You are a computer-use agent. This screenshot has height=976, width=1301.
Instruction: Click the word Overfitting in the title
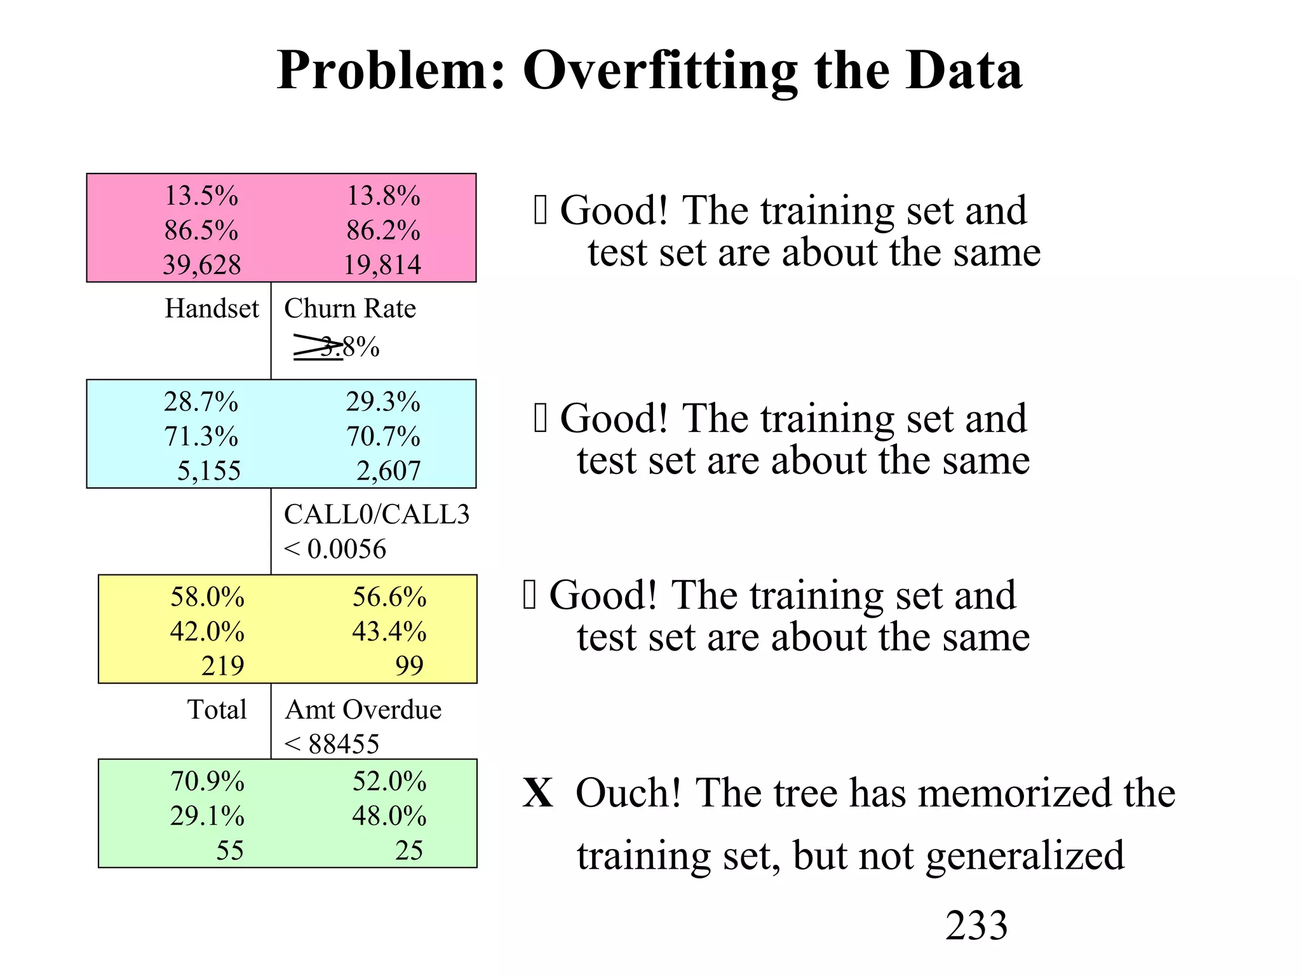[660, 71]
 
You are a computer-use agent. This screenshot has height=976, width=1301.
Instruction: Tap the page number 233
[976, 925]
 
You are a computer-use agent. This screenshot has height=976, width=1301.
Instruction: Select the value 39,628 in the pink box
[202, 265]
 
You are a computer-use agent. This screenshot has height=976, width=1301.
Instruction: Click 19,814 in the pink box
[382, 265]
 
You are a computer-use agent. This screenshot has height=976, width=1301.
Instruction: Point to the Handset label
[212, 309]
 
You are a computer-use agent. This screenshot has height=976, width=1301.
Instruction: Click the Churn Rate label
[350, 309]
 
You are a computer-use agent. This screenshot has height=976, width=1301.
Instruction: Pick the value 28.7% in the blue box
[201, 402]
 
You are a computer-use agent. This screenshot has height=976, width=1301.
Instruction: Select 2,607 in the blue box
[388, 471]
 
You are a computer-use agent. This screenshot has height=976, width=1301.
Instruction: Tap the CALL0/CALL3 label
[377, 515]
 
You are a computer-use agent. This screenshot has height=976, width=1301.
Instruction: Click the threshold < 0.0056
[335, 549]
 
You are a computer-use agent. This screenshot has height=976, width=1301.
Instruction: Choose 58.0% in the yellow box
[208, 597]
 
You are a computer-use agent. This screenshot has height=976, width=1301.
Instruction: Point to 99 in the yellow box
[409, 666]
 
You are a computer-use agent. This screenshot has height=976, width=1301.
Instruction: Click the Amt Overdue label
[363, 710]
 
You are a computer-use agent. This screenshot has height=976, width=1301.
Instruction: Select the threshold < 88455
[332, 744]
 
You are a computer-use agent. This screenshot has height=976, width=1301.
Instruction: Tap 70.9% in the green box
[208, 782]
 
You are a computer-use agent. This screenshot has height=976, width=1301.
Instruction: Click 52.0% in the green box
[389, 782]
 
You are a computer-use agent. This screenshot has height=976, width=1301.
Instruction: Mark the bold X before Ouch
[538, 793]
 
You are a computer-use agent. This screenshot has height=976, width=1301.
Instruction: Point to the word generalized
[1025, 855]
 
